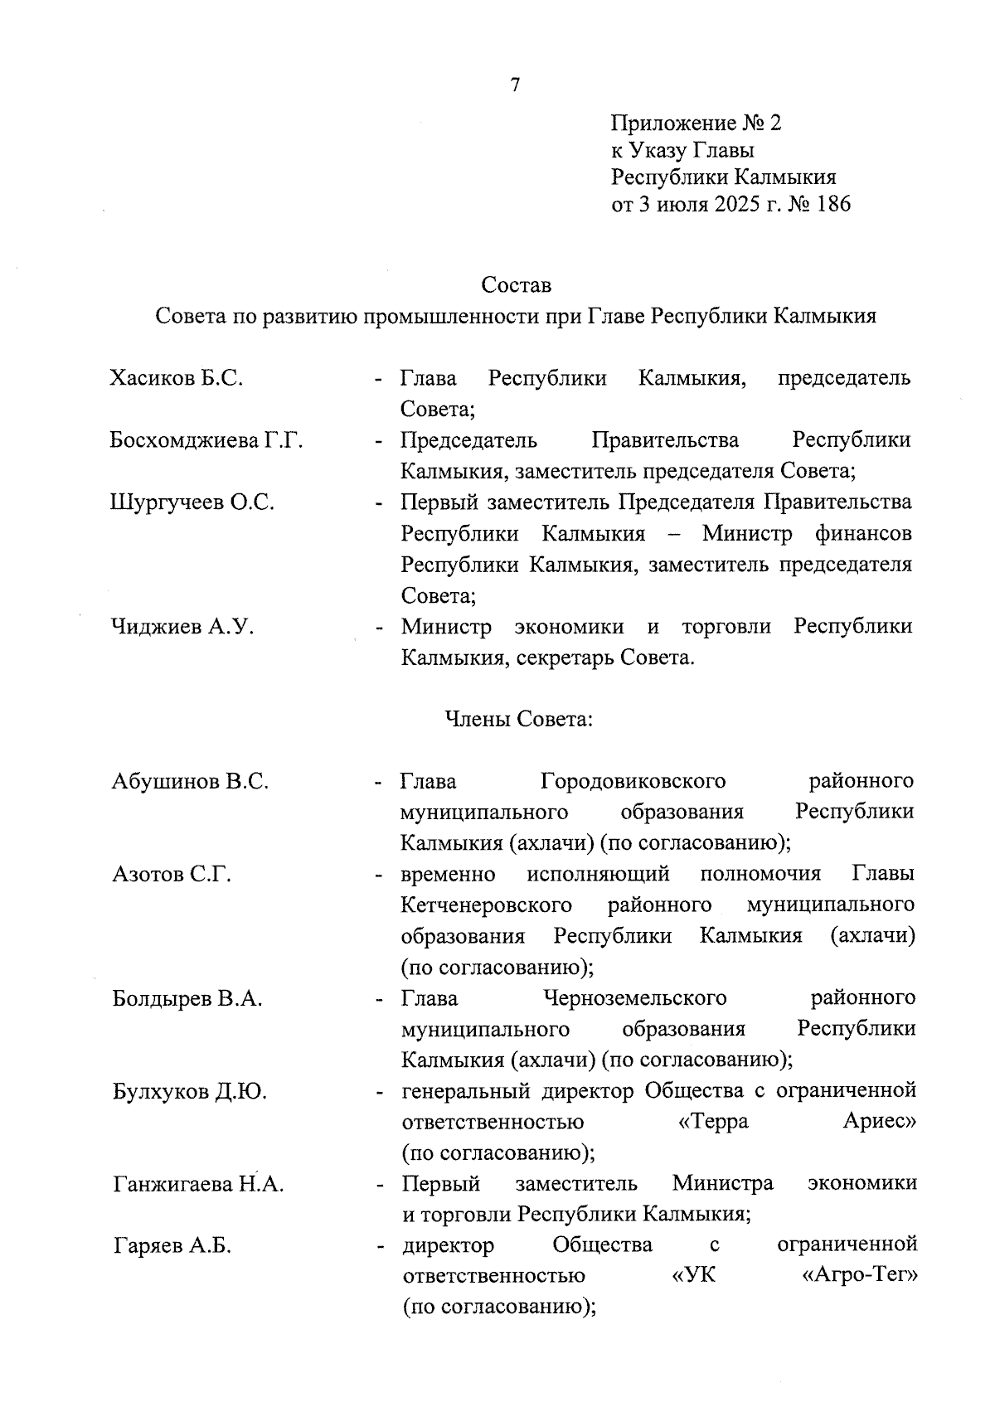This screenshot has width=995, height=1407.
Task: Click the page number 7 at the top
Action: [514, 85]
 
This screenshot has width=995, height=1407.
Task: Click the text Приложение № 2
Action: [696, 124]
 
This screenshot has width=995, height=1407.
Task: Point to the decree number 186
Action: [832, 204]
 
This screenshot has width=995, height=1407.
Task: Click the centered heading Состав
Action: [516, 285]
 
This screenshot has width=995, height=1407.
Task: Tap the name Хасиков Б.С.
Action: [176, 378]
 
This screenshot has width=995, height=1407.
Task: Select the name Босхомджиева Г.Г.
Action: [206, 440]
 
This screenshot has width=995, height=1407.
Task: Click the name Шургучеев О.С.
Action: [192, 502]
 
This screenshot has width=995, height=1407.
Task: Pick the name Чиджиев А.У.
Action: [182, 627]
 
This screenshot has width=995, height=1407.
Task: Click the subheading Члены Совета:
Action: [519, 719]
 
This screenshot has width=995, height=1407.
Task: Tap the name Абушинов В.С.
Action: [190, 781]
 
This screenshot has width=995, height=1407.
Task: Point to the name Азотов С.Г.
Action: [172, 874]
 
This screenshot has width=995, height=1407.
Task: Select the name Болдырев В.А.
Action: [187, 998]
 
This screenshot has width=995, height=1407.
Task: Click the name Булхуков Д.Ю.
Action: [190, 1091]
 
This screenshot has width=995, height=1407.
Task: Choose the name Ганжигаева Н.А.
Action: [198, 1184]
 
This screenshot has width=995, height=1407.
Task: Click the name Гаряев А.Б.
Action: [172, 1245]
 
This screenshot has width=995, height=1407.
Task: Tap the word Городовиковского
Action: [633, 781]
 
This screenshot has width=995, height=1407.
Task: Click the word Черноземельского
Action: [634, 998]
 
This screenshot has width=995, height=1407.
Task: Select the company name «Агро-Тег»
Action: [860, 1276]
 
